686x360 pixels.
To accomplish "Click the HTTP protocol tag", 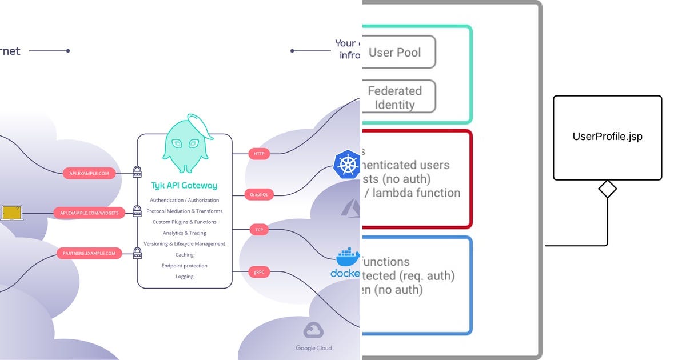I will point(259,154).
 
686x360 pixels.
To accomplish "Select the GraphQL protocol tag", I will point(259,195).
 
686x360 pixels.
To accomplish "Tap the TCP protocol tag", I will point(259,230).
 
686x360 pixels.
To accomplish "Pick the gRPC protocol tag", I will point(259,273).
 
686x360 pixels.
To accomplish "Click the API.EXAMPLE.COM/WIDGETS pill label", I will point(89,213).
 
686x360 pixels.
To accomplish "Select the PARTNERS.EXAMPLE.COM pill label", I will point(89,253).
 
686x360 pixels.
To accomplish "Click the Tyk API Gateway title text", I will point(184,186).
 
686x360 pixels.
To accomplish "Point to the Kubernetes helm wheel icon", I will point(347,165).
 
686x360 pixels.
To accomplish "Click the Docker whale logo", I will point(348,258).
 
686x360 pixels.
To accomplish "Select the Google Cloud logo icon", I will point(313,331).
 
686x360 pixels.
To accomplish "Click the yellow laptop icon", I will point(11,214).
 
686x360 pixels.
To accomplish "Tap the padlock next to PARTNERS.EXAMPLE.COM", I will point(137,253).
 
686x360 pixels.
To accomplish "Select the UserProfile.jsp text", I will point(607,137).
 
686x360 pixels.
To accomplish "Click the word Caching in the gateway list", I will point(184,255).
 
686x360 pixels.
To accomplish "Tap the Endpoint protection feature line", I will point(184,266).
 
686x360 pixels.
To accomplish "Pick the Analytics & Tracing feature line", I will point(184,233).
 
